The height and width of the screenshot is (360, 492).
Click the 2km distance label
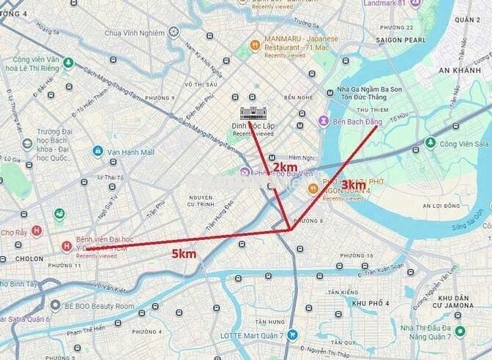point(285,168)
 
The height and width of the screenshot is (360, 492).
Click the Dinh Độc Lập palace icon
point(253,112)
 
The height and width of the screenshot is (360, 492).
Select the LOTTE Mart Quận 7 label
point(252,335)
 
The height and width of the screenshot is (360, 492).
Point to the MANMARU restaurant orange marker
point(255,43)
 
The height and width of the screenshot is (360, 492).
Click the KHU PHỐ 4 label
point(370,303)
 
